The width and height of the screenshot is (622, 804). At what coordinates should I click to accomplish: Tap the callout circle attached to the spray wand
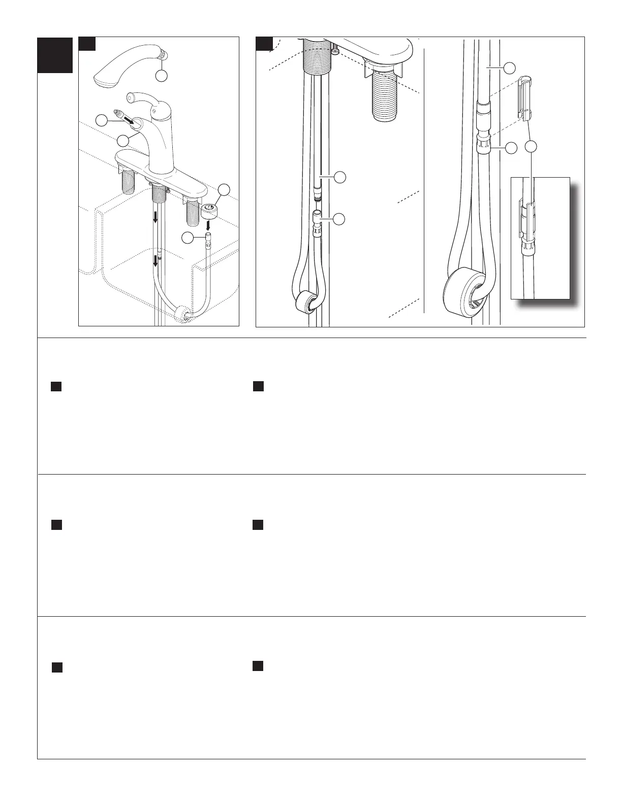click(x=161, y=76)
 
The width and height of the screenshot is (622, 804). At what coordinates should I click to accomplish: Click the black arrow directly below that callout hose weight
click(x=208, y=224)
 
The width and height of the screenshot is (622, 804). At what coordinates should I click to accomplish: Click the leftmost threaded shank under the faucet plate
click(x=128, y=181)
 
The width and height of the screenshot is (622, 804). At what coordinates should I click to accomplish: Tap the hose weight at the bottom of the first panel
click(x=181, y=315)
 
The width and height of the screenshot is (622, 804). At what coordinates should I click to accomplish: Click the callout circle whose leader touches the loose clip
click(x=531, y=147)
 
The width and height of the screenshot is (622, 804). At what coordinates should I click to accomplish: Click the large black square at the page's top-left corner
click(x=55, y=55)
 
